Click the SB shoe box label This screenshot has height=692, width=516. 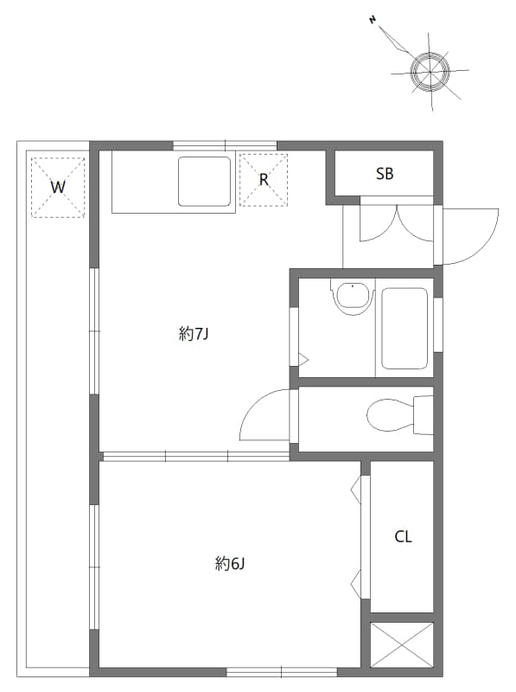(385, 174)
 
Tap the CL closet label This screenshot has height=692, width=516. (403, 537)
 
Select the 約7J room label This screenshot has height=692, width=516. (194, 335)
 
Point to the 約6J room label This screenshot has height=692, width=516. (231, 564)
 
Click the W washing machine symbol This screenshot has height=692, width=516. (58, 187)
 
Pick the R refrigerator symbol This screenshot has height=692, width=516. (264, 180)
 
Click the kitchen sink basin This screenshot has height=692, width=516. (205, 181)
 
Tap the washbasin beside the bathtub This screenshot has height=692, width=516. (352, 298)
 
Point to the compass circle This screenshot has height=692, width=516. (430, 69)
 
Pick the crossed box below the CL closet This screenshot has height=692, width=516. (402, 644)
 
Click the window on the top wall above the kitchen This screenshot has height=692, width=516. (225, 145)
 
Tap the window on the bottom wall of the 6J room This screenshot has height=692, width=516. (281, 671)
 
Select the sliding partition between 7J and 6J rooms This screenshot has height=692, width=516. (195, 455)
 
